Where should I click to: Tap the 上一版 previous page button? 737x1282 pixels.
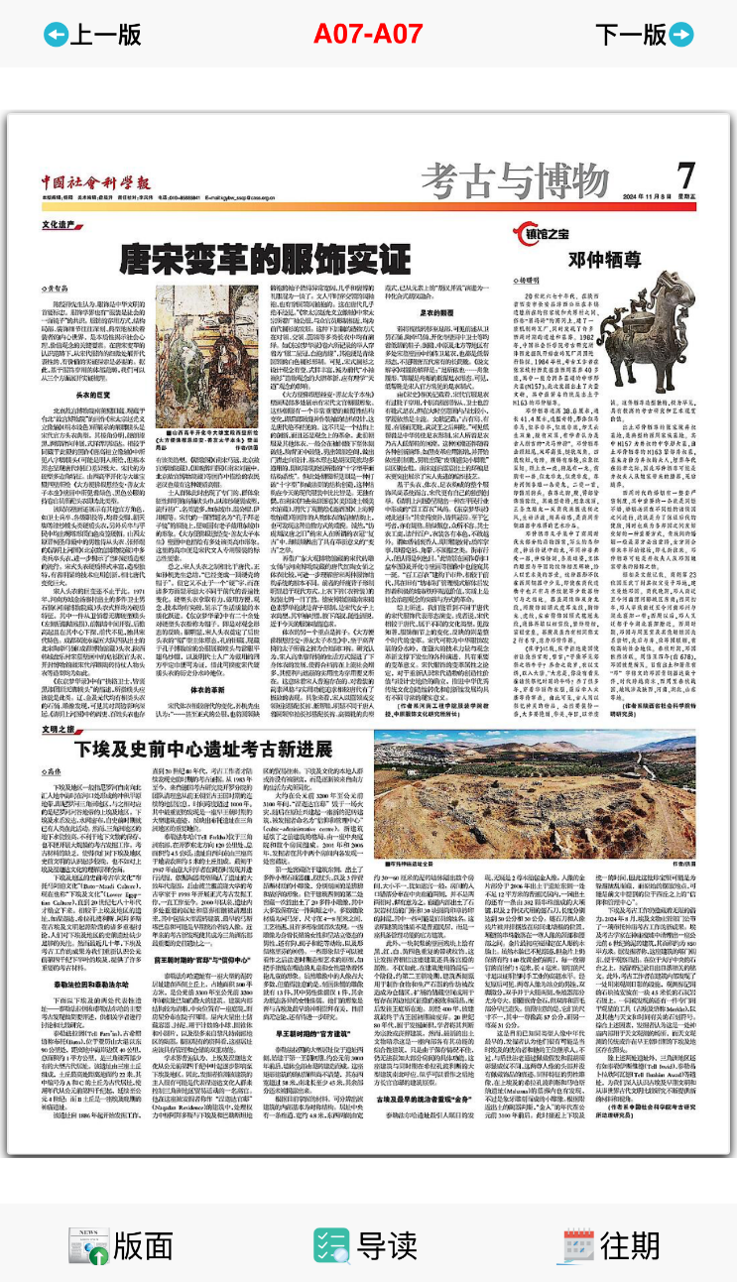(92, 34)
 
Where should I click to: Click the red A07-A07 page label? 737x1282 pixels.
(368, 34)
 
